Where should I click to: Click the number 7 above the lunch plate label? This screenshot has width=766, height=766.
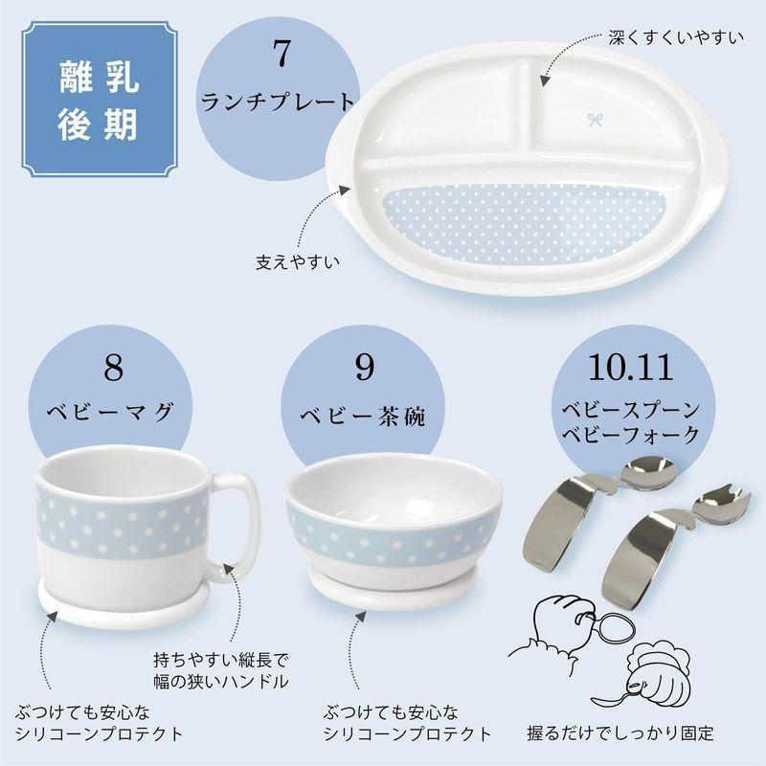pos(280,56)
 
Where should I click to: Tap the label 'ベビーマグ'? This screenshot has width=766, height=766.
pos(113,413)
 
